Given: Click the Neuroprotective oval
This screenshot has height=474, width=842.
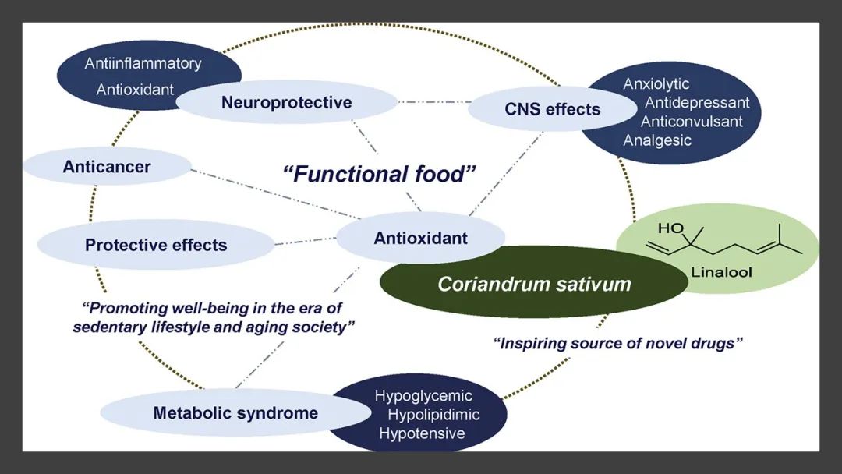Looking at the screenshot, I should pos(286,102).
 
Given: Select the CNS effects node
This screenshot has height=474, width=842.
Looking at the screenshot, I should pos(552,109).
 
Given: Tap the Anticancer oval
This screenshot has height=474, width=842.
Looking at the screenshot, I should pos(107,166).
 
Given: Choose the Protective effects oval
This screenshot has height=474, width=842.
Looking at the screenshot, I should pos(156,245).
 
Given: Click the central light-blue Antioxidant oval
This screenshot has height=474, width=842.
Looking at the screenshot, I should pos(421,238).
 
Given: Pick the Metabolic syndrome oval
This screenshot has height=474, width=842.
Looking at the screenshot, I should pos(235,412).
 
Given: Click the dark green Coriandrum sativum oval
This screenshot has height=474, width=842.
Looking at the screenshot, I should pos(534,283).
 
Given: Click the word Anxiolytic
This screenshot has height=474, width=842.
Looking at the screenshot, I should pos(656,84).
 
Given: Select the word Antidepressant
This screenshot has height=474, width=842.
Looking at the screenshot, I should pos(697,103).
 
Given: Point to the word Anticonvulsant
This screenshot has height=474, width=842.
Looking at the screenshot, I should pos(692,122).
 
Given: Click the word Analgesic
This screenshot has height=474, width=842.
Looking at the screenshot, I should pos(657,140).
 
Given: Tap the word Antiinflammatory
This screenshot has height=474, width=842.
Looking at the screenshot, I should pos(143,63).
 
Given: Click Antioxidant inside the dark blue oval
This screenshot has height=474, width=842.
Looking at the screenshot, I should pos(135,90).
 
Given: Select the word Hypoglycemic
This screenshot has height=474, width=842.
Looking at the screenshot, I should pos(423,396).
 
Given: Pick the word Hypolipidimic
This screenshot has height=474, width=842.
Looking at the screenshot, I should pos(433,414).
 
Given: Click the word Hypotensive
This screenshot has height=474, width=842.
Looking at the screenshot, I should pos(422,433).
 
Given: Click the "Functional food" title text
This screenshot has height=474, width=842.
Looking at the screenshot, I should pos(380,173).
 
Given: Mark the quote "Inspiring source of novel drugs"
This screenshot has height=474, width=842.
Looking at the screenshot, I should pos(615,343).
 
